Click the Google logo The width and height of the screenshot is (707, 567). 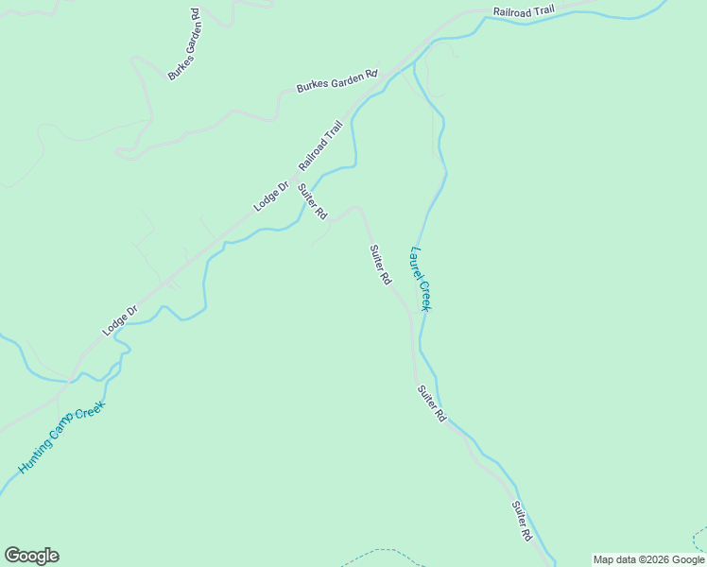(31, 556)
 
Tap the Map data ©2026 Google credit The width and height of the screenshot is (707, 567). (647, 559)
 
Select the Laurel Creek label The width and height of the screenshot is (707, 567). (421, 279)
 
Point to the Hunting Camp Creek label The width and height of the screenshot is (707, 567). (61, 438)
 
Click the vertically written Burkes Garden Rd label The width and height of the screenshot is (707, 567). (183, 44)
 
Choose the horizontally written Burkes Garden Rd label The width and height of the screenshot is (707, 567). (336, 80)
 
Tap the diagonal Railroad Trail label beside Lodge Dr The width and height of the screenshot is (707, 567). (320, 146)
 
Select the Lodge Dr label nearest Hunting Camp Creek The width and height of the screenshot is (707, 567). (120, 320)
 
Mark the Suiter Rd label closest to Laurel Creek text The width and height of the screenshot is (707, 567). (380, 266)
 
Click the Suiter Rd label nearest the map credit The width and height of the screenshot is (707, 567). (522, 521)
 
